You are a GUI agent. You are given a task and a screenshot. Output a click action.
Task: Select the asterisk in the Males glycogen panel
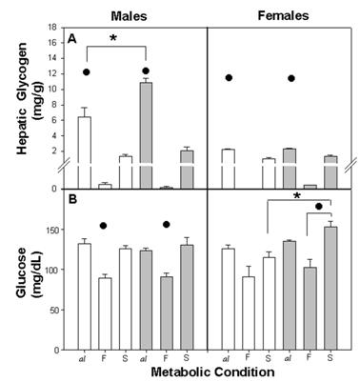[x=115, y=38]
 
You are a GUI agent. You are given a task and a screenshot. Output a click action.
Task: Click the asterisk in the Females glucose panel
[x=297, y=195]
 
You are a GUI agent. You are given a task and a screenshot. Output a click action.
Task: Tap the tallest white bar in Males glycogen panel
[x=84, y=148]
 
